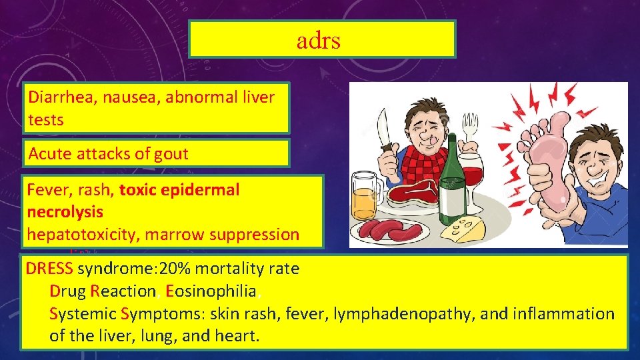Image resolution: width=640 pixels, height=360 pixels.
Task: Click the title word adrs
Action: [x=319, y=41]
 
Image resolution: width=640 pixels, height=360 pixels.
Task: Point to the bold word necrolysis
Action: [x=65, y=212]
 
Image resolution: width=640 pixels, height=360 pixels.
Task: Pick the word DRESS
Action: [x=50, y=269]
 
